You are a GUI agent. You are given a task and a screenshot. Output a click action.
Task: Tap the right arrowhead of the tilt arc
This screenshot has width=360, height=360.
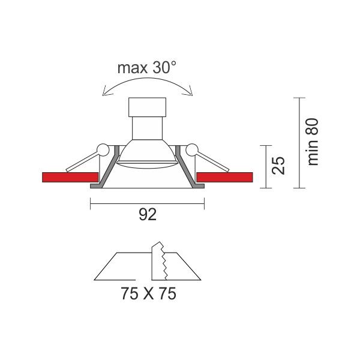pyautogui.click(x=190, y=91)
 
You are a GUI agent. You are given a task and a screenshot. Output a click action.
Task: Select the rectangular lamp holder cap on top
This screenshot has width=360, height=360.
pyautogui.click(x=147, y=107)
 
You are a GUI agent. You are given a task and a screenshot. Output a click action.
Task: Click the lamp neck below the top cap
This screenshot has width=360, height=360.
pyautogui.click(x=147, y=128)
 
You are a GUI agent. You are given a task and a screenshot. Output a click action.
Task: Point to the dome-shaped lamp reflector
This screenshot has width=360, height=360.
pyautogui.click(x=147, y=154)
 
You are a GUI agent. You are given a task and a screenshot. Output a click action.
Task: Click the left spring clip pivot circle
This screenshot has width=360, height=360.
pyautogui.click(x=103, y=150)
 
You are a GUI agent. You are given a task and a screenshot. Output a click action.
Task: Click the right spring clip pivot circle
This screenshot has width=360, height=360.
pyautogui.click(x=192, y=150)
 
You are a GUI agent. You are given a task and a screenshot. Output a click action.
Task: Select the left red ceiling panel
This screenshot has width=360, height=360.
pyautogui.click(x=70, y=177)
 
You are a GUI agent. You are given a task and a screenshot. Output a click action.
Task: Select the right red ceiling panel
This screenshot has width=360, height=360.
pyautogui.click(x=225, y=177)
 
